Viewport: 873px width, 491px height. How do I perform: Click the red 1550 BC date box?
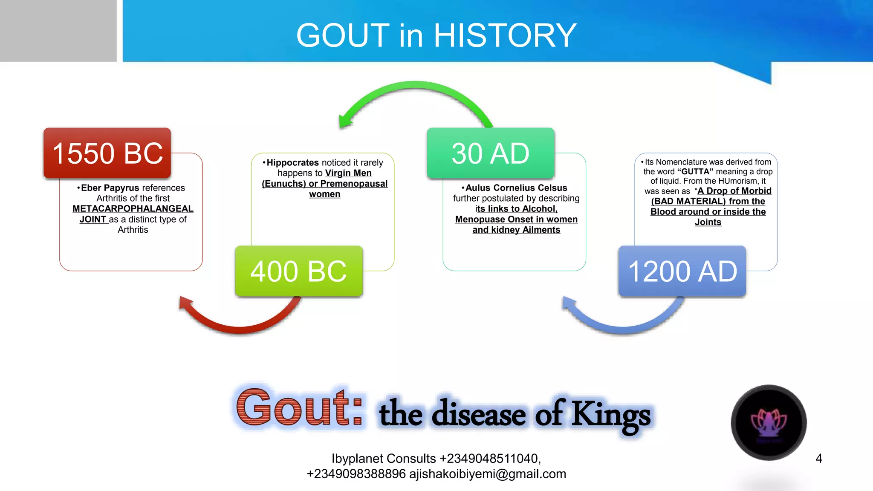tap(107, 153)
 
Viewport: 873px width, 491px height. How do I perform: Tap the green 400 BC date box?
tap(299, 271)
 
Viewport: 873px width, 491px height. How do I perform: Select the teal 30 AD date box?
tap(491, 153)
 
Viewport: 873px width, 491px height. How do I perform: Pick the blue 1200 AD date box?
tap(682, 271)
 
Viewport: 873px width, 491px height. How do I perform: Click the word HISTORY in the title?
tap(505, 35)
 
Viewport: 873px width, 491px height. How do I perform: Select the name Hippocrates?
tap(293, 163)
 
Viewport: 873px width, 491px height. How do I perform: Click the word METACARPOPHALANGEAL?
tap(133, 209)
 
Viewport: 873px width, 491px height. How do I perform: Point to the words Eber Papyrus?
tap(110, 188)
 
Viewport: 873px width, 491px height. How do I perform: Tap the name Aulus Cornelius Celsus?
tap(516, 188)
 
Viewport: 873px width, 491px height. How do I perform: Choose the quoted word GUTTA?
tap(695, 172)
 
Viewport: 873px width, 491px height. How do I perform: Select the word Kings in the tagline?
tap(611, 414)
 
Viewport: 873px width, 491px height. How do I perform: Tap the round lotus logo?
tap(769, 422)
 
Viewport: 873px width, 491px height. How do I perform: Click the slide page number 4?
tap(818, 459)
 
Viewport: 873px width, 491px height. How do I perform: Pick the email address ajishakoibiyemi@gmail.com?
tap(488, 474)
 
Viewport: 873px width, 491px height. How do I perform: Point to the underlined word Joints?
tap(708, 222)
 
